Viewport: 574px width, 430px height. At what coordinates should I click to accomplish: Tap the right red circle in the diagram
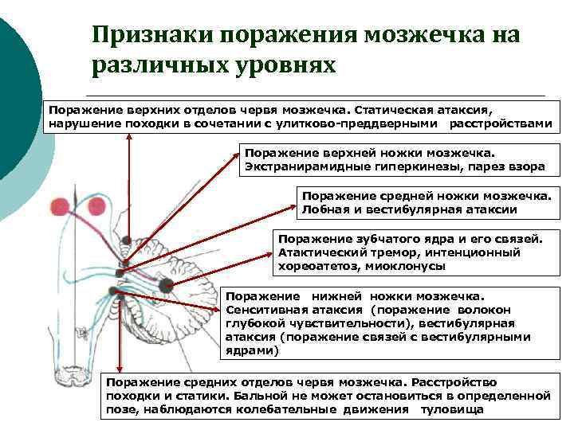[96, 207]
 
